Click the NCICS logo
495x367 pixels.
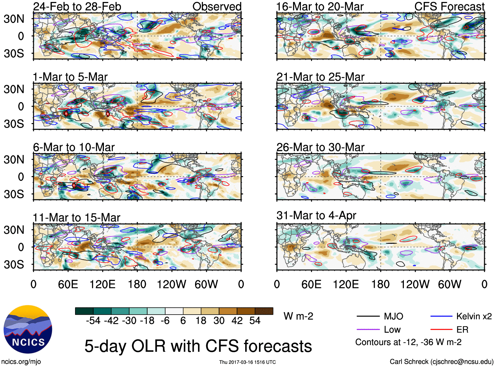point(28,329)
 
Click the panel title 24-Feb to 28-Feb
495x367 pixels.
point(77,7)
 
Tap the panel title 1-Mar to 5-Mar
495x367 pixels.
point(70,77)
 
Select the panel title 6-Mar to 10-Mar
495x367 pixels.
point(74,147)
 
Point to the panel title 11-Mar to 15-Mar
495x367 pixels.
point(76,218)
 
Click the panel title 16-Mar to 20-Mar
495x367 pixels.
point(320,7)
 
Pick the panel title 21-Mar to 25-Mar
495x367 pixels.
point(320,77)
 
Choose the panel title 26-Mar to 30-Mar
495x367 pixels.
point(320,147)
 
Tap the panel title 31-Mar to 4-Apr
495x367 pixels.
point(316,215)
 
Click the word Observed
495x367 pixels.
point(217,7)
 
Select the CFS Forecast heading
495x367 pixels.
point(449,7)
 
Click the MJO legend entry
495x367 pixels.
point(393,316)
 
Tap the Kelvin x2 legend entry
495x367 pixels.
point(474,316)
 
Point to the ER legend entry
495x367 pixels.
point(462,330)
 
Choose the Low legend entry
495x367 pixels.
point(392,330)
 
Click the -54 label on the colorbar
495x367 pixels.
point(93,321)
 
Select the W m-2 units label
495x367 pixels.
point(298,316)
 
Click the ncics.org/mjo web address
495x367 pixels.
point(21,362)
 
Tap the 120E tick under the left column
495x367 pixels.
point(103,284)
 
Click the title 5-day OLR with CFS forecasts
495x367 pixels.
point(198,346)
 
